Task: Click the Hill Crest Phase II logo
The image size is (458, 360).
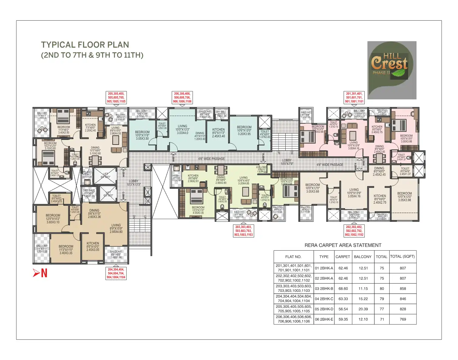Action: [x=391, y=70]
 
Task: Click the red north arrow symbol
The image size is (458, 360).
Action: [x=40, y=273]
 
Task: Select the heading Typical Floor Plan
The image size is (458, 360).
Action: [x=85, y=45]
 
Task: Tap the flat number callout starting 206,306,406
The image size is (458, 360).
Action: [x=182, y=98]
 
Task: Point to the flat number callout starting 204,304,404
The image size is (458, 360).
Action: [x=116, y=273]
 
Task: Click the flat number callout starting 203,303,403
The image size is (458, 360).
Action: [x=243, y=231]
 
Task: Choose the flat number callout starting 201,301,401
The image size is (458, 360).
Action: [x=354, y=98]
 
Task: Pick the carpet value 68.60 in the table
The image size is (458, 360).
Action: [x=343, y=288]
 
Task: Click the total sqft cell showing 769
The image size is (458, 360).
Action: [x=403, y=319]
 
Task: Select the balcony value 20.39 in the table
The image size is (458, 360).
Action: [x=363, y=309]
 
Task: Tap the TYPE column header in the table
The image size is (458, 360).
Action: [x=324, y=257]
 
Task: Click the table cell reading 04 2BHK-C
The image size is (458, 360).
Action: [x=324, y=299]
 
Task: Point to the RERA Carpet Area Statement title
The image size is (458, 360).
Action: [x=343, y=245]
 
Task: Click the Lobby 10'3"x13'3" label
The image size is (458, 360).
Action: [x=133, y=182]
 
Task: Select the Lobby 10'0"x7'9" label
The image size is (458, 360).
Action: [x=287, y=162]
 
